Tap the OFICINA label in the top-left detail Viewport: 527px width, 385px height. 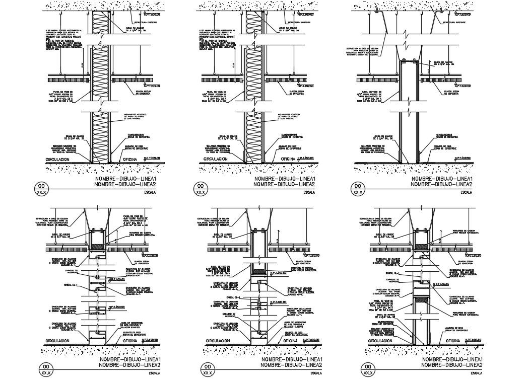pos(132,159)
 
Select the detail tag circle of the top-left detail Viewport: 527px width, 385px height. pos(41,189)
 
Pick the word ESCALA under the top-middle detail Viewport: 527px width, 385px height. pos(307,192)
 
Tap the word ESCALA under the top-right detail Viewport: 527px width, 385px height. pos(466,192)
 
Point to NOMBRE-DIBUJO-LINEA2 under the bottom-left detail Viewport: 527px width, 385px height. pos(130,365)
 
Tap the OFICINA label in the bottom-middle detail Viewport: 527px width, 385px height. pos(293,341)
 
